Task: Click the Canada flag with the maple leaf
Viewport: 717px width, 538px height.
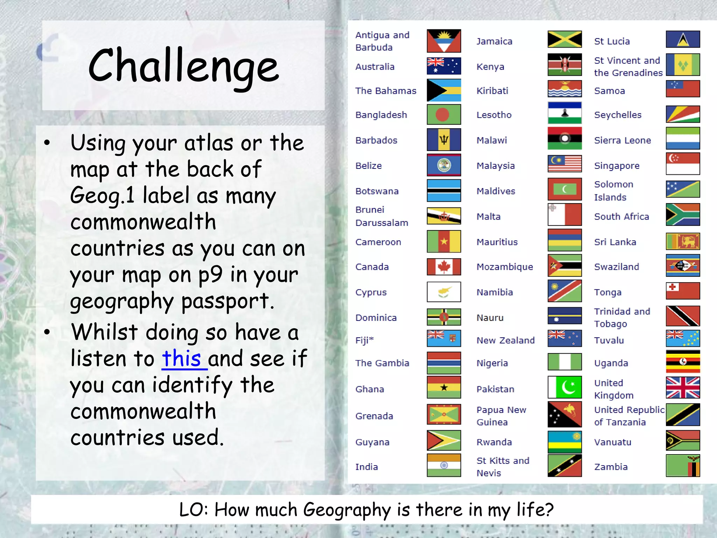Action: click(444, 267)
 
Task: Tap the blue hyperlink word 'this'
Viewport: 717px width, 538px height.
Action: click(181, 358)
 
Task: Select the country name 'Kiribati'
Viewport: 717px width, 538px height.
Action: click(492, 91)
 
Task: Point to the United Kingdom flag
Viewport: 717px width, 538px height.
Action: click(682, 387)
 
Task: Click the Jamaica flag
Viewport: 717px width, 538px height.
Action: click(564, 39)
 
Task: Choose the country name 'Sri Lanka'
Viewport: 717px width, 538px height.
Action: click(615, 242)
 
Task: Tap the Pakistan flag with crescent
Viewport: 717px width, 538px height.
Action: click(564, 387)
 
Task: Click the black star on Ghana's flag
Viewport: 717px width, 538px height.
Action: click(444, 387)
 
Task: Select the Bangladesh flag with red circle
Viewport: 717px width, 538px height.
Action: click(444, 115)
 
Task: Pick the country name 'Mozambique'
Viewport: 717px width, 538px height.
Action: click(504, 267)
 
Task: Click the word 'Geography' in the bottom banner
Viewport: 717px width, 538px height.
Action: click(347, 510)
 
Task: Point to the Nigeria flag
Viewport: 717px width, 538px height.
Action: click(564, 362)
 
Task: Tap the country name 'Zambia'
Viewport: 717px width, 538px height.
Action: click(611, 467)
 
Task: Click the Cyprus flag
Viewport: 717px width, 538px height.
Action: click(444, 292)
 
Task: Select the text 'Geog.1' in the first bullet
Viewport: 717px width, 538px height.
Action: click(102, 195)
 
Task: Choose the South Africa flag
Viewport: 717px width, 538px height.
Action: click(682, 215)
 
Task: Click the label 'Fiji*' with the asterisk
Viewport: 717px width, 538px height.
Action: click(364, 340)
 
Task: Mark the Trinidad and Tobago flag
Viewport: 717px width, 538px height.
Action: click(682, 316)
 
